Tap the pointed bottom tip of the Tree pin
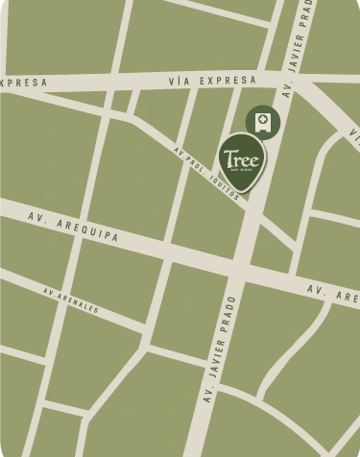[244, 193]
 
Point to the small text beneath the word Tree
[243, 169]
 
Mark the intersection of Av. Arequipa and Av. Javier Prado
[240, 269]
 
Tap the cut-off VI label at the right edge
[354, 139]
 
